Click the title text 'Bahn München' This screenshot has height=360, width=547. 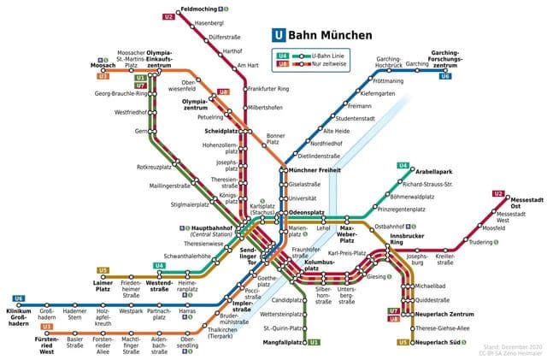point(330,36)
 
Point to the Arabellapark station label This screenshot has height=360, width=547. point(431,171)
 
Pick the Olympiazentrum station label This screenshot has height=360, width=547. point(196,106)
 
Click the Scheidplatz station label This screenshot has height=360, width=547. point(224,131)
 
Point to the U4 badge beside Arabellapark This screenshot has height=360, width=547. point(403,165)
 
